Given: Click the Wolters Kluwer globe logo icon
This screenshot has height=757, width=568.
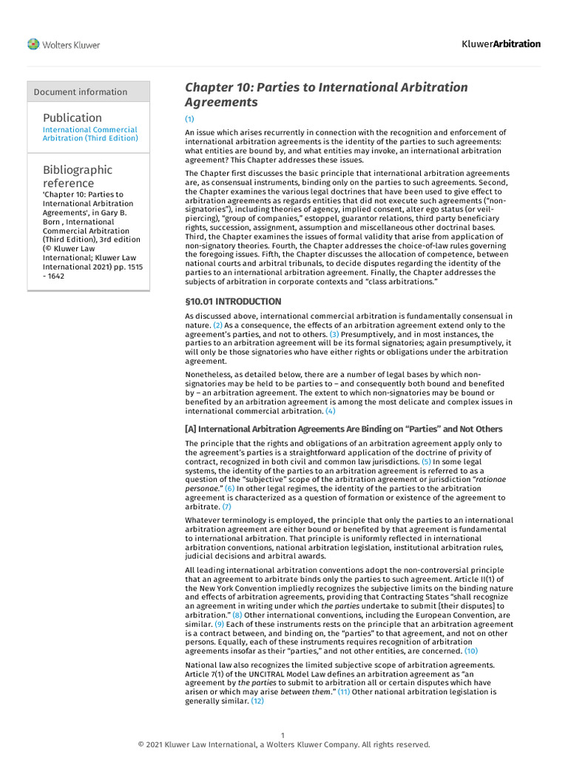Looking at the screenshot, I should [33, 44].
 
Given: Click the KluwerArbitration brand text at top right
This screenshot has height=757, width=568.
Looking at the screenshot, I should [501, 44].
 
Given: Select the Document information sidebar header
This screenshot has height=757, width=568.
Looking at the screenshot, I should [81, 92].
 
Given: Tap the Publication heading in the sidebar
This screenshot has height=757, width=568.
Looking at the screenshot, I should [72, 118].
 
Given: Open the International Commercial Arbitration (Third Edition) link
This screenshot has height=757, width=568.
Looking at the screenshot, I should [89, 134].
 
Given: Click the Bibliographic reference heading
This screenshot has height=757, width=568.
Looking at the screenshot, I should [78, 176].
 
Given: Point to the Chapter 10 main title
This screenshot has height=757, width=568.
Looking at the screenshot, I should [326, 95].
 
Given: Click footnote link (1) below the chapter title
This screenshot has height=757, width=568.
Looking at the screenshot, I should [189, 119].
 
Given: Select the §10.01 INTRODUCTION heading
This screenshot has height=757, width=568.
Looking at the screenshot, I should [233, 302].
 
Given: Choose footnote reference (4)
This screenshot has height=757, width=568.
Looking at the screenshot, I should [330, 411].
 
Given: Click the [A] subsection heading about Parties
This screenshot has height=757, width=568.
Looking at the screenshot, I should [343, 429].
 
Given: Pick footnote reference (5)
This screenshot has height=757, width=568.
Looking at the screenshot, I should [426, 461].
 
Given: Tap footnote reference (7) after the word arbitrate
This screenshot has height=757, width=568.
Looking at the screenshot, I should [226, 507].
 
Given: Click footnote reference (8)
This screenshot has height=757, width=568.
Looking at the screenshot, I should [237, 615].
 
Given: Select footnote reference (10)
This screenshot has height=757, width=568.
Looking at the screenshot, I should [471, 651].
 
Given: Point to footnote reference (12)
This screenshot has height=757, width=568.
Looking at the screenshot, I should [257, 701].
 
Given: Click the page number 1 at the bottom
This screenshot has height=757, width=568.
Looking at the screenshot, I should [283, 735].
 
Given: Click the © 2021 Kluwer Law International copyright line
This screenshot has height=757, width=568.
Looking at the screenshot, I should [284, 744].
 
